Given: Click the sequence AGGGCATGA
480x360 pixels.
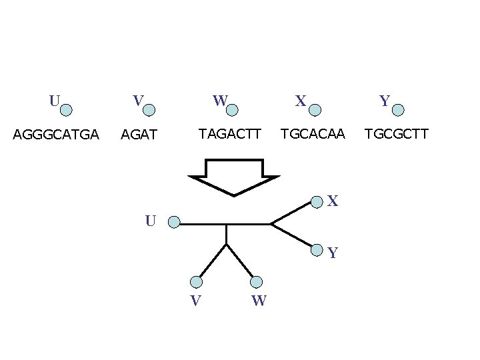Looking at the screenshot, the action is click(56, 135).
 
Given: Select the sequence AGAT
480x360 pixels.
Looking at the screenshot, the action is click(138, 135).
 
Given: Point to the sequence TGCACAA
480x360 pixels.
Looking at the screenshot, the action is click(313, 134).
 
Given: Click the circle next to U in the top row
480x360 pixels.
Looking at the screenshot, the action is click(67, 109).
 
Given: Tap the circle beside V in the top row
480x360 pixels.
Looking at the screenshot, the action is click(149, 109).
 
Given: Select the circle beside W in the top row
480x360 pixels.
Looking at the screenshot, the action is click(233, 109).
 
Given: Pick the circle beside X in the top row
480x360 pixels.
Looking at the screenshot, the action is click(315, 109).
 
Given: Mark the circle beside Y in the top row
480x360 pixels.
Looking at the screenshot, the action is click(398, 109).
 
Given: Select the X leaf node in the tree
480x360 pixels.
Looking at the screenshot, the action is click(317, 201).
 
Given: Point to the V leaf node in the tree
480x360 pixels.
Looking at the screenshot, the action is click(196, 282).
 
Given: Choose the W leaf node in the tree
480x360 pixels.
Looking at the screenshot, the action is click(257, 282).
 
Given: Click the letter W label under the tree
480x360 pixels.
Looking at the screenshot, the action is click(259, 301).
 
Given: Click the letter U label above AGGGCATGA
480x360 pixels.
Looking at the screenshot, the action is click(54, 101).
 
